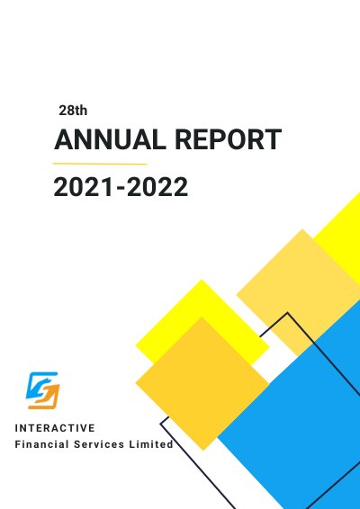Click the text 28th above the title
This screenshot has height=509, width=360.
click(x=73, y=111)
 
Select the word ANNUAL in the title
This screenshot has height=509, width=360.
click(x=108, y=139)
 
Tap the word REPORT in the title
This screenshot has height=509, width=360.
click(x=228, y=139)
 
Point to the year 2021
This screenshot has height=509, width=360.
click(x=84, y=187)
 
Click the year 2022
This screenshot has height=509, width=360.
click(x=157, y=187)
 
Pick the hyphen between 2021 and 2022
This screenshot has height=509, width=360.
click(x=121, y=189)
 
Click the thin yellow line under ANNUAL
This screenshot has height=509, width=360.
click(x=100, y=164)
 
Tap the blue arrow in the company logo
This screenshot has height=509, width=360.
click(x=40, y=384)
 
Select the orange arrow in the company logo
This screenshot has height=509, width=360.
click(x=47, y=397)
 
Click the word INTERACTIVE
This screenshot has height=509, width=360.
click(x=55, y=428)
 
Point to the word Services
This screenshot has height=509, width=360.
click(x=99, y=444)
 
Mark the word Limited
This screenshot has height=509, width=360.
click(x=151, y=444)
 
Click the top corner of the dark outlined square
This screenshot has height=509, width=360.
click(x=287, y=313)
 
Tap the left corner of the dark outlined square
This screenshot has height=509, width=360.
click(x=160, y=424)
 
